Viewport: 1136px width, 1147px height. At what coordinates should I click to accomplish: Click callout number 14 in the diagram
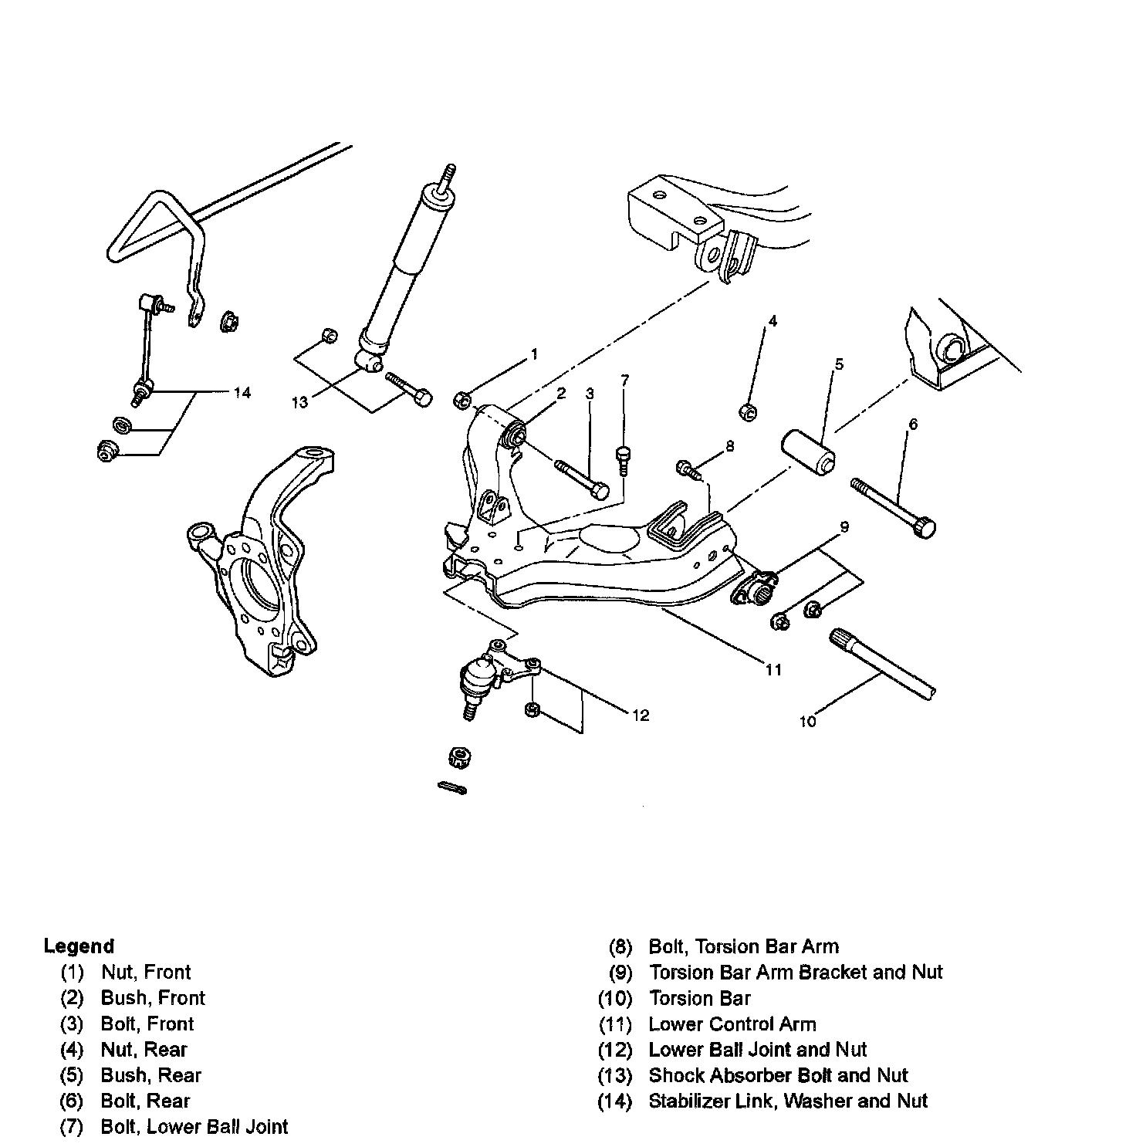242,393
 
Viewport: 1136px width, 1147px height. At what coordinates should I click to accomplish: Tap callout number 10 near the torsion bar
807,721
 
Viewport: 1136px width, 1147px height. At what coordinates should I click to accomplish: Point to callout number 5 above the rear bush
839,364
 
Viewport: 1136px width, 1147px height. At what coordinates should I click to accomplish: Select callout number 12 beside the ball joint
640,716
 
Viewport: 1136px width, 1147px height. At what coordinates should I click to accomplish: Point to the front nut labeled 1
461,399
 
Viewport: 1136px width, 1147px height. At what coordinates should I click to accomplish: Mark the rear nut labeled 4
747,412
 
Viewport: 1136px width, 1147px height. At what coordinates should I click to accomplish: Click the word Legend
79,946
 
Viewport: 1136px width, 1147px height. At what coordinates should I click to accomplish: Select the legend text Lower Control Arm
732,1024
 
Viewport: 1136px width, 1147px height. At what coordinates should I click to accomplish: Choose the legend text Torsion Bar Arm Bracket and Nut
796,972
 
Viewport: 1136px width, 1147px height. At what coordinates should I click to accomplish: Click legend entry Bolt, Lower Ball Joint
194,1127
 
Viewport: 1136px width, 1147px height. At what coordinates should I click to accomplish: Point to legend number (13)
615,1075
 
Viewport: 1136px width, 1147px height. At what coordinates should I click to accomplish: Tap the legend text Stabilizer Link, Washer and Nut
788,1101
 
